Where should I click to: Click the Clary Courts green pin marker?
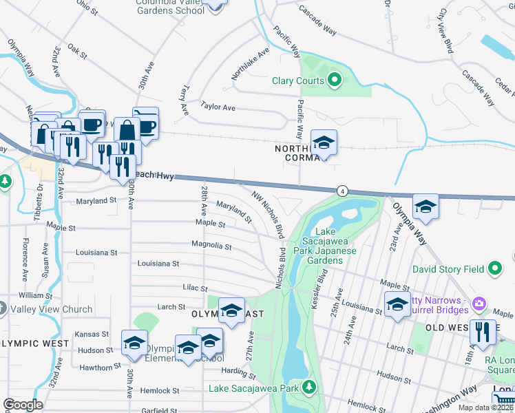tap(335, 81)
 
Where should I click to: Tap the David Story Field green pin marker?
tap(494, 268)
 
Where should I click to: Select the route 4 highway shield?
tap(341, 191)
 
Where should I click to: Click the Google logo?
tap(23, 404)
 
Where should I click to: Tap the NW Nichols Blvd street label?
tap(269, 216)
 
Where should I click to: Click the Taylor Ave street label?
tap(218, 107)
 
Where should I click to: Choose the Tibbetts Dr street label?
tap(39, 195)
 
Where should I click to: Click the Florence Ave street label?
tap(25, 254)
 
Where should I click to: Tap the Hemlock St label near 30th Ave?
tap(162, 390)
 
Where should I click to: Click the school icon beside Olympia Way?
tap(425, 208)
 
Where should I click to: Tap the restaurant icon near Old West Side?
tap(483, 333)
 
